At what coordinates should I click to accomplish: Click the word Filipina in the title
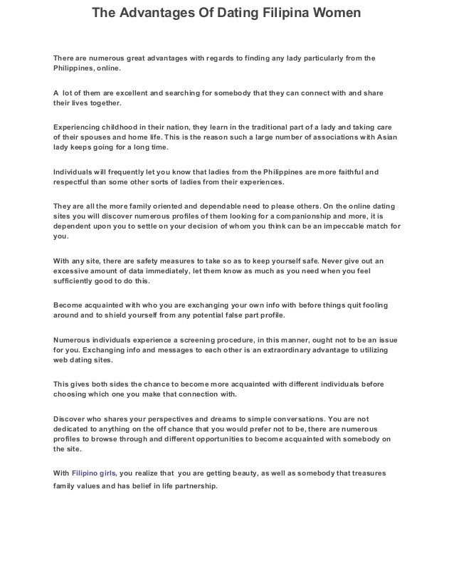tap(278, 14)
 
